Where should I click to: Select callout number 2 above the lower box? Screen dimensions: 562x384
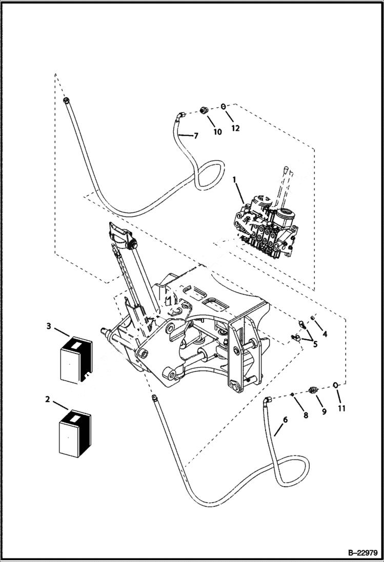tap(47, 399)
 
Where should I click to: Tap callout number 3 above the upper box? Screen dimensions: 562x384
tap(48, 326)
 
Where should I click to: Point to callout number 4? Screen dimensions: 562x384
tap(325, 334)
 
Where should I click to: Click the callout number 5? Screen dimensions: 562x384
tap(315, 344)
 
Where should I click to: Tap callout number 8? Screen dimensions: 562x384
tap(306, 415)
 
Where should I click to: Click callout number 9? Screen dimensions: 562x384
tap(324, 411)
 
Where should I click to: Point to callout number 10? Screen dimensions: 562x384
tap(217, 132)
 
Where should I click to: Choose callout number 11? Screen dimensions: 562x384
tap(341, 408)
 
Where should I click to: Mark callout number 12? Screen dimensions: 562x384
tap(235, 128)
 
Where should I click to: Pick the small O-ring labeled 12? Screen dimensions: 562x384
tap(224, 107)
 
